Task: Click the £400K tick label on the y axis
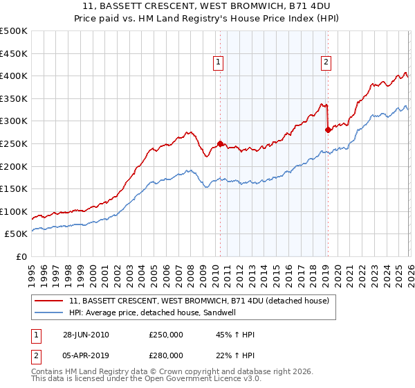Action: coord(14,76)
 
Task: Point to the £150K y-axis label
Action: coord(14,188)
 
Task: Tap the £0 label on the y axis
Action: coord(22,256)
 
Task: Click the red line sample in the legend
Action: coord(50,301)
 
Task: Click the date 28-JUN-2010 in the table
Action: coord(86,335)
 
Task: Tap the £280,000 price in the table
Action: coord(166,355)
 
